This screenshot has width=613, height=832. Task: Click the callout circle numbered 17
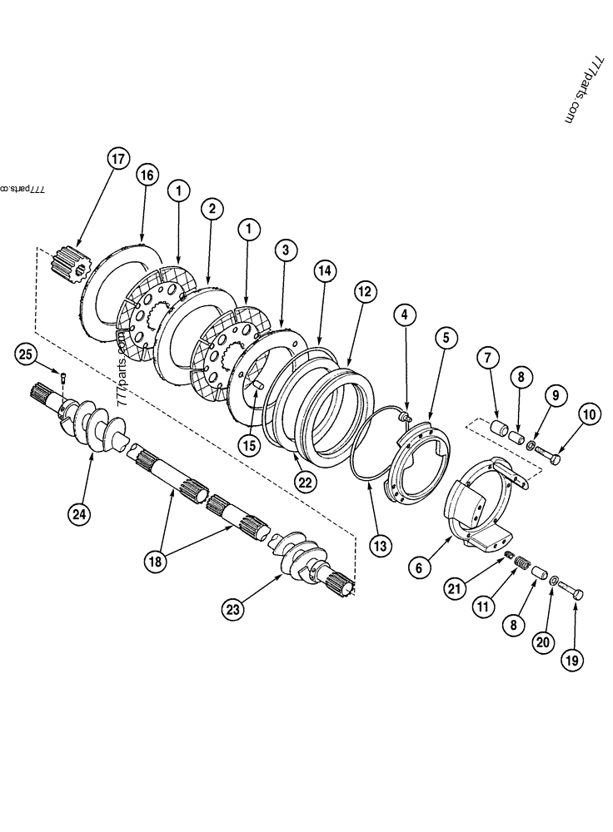[x=119, y=159]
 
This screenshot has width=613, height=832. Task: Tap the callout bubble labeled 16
[x=147, y=176]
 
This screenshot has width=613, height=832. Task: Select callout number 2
[x=212, y=209]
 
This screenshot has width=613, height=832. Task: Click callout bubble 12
[x=363, y=291]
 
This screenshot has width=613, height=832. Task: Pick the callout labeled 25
[x=26, y=355]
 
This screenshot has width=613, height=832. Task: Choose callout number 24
[x=79, y=513]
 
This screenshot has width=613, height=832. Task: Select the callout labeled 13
[x=381, y=546]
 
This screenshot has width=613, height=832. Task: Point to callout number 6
[x=420, y=567]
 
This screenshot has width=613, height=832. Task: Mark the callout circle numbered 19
[x=572, y=661]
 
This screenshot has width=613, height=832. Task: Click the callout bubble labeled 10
[x=589, y=414]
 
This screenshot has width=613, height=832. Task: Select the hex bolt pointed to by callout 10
[x=546, y=454]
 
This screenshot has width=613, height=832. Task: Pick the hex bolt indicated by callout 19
[x=571, y=596]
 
